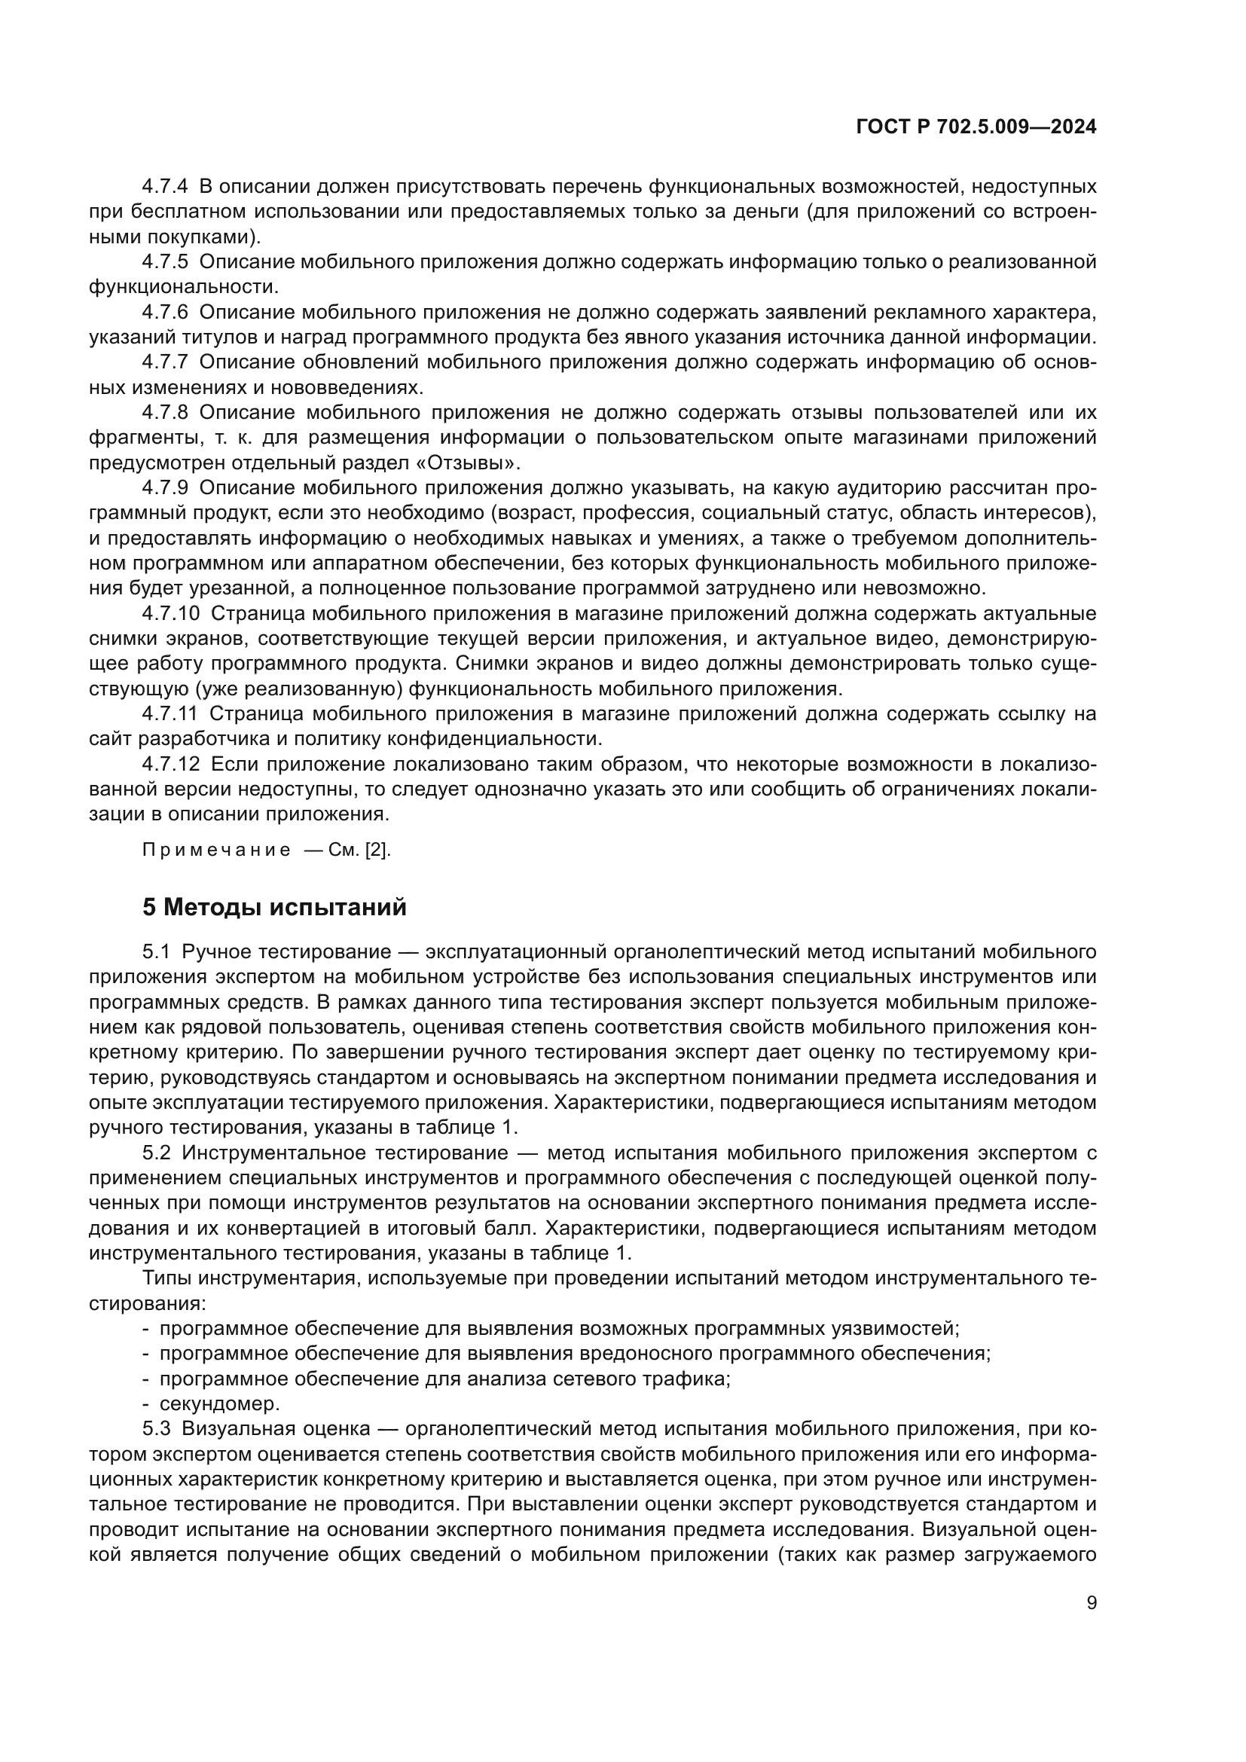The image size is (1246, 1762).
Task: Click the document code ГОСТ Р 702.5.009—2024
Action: [976, 127]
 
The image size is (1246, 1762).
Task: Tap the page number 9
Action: [1092, 1603]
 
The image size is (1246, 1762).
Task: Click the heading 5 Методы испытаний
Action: [274, 907]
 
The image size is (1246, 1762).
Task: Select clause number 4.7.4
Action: [164, 187]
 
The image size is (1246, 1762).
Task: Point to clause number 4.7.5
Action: [164, 261]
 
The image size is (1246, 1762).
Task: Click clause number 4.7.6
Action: [164, 313]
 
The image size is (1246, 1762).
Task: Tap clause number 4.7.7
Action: [164, 362]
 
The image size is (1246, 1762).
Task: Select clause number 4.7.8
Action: [164, 413]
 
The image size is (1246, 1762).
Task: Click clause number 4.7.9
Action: [164, 488]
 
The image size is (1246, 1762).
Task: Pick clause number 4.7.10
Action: [170, 614]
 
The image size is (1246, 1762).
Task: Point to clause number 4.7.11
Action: [169, 714]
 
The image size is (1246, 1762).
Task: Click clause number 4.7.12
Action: [170, 765]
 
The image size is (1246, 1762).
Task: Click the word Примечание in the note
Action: [216, 850]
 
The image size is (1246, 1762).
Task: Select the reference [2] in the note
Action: [377, 850]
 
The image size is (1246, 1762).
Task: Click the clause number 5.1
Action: [156, 952]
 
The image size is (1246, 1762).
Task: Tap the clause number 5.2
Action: [156, 1153]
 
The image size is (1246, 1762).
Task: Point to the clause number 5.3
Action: [156, 1429]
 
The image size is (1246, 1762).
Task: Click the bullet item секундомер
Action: [219, 1403]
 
